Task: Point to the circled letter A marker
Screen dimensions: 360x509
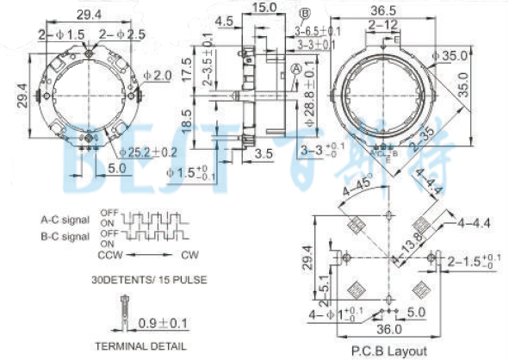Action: [x=296, y=68]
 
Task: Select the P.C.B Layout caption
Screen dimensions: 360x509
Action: [x=388, y=351]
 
